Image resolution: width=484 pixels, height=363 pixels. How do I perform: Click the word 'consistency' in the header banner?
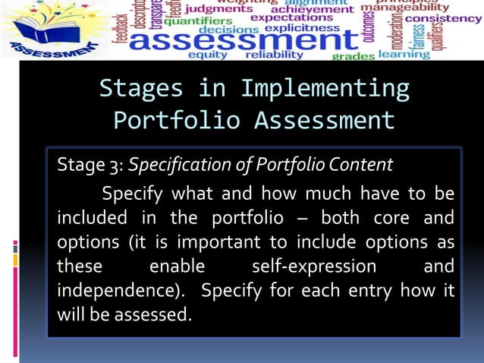443,19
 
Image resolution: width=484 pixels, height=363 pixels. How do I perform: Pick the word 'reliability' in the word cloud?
274,55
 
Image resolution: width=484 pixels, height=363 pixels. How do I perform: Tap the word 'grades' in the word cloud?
354,56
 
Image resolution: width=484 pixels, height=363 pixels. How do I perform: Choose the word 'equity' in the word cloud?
207,55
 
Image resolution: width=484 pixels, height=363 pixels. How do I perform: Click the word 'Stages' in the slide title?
141,88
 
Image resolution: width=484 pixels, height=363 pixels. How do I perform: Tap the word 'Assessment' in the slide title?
324,120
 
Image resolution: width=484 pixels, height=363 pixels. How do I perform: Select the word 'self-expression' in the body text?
313,267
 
